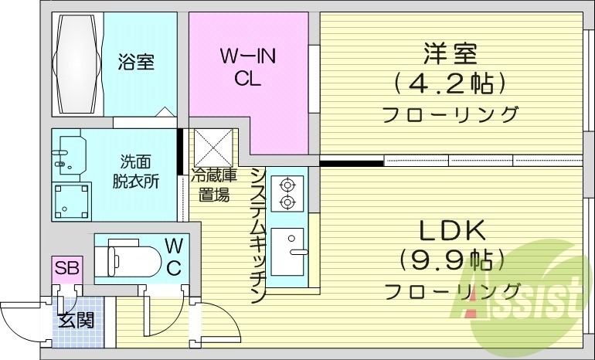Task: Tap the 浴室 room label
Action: pos(136,63)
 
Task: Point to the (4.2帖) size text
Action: pos(449,82)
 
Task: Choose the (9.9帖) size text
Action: pos(451,259)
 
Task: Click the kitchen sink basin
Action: pos(291,252)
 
